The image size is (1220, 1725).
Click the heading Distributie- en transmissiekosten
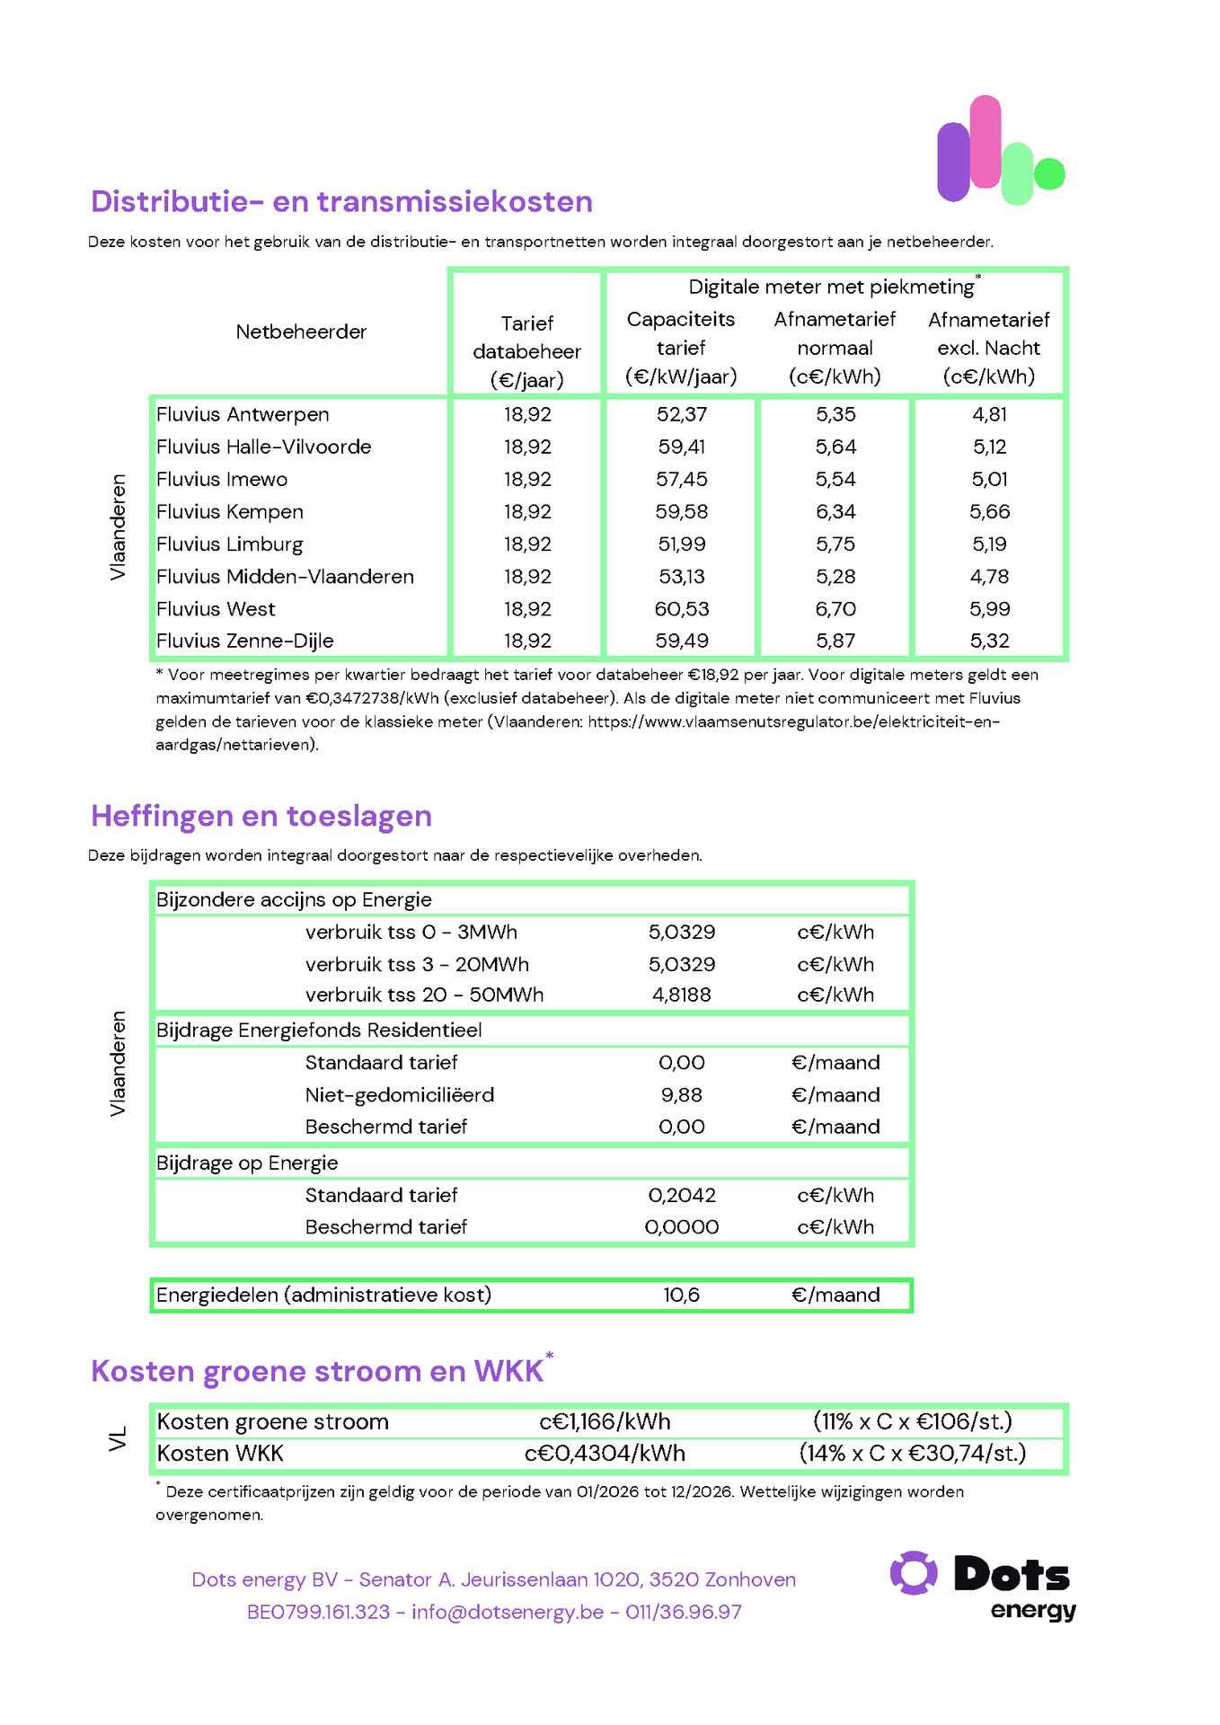click(x=341, y=202)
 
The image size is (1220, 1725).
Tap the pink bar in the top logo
click(x=986, y=142)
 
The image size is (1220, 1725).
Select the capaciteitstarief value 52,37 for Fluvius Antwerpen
click(x=681, y=415)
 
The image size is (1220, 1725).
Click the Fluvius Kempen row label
click(x=230, y=512)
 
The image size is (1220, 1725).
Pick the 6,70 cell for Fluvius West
click(x=835, y=609)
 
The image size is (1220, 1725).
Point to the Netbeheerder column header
click(x=301, y=332)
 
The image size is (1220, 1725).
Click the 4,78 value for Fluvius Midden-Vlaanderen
click(x=989, y=577)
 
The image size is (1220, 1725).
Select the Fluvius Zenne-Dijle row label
click(x=244, y=641)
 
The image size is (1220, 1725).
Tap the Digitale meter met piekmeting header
click(x=832, y=287)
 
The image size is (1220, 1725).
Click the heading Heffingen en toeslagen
click(x=261, y=817)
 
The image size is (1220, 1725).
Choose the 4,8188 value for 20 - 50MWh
click(x=681, y=995)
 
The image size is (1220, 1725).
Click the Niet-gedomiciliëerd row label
click(x=400, y=1095)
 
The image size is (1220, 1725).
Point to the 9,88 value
click(x=681, y=1095)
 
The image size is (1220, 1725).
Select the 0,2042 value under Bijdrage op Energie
click(x=682, y=1196)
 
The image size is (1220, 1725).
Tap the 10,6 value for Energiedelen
click(x=681, y=1296)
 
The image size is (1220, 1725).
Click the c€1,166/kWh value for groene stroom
click(x=605, y=1422)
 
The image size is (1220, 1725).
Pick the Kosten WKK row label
click(x=220, y=1454)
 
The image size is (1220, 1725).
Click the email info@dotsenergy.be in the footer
click(x=508, y=1613)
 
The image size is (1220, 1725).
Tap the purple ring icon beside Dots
click(x=914, y=1573)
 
